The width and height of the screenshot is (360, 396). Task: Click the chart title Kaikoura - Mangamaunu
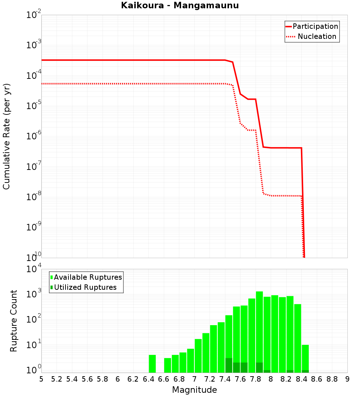point(180,5)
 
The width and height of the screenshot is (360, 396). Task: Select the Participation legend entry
point(315,27)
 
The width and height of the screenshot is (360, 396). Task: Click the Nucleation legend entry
point(316,37)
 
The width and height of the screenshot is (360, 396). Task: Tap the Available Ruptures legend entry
point(88,277)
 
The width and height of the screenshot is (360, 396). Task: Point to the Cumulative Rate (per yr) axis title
point(6,136)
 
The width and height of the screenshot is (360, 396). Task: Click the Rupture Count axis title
point(14,321)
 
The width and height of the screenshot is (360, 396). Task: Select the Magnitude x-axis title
point(194,390)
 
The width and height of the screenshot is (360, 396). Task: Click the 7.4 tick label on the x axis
point(225,379)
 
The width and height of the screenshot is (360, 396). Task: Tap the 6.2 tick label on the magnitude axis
point(133,379)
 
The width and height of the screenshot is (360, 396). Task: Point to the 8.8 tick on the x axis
point(332,379)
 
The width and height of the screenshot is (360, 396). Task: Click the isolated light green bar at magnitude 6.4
point(152,364)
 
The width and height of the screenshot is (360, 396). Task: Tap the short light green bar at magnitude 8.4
point(305,356)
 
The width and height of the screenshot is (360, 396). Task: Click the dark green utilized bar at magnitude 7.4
point(229,365)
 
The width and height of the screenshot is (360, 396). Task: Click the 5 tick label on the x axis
point(41,379)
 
